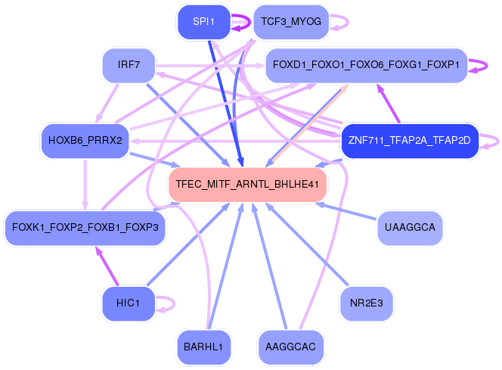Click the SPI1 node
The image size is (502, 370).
tap(203, 22)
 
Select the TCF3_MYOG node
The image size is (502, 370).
tap(290, 22)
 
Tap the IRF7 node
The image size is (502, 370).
tap(129, 65)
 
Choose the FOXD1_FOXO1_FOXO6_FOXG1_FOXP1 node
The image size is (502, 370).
tap(366, 65)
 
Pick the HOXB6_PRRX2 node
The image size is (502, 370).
tap(85, 141)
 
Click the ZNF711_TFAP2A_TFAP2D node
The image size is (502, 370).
tap(410, 141)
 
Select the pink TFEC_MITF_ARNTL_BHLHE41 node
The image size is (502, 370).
tap(247, 184)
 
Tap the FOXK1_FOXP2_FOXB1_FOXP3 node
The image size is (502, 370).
tap(85, 227)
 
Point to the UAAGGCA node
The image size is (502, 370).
tap(410, 227)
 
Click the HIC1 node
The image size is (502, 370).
tap(129, 303)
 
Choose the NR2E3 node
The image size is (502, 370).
tap(366, 303)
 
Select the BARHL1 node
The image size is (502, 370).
tap(203, 347)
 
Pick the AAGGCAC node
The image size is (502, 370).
tap(290, 347)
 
